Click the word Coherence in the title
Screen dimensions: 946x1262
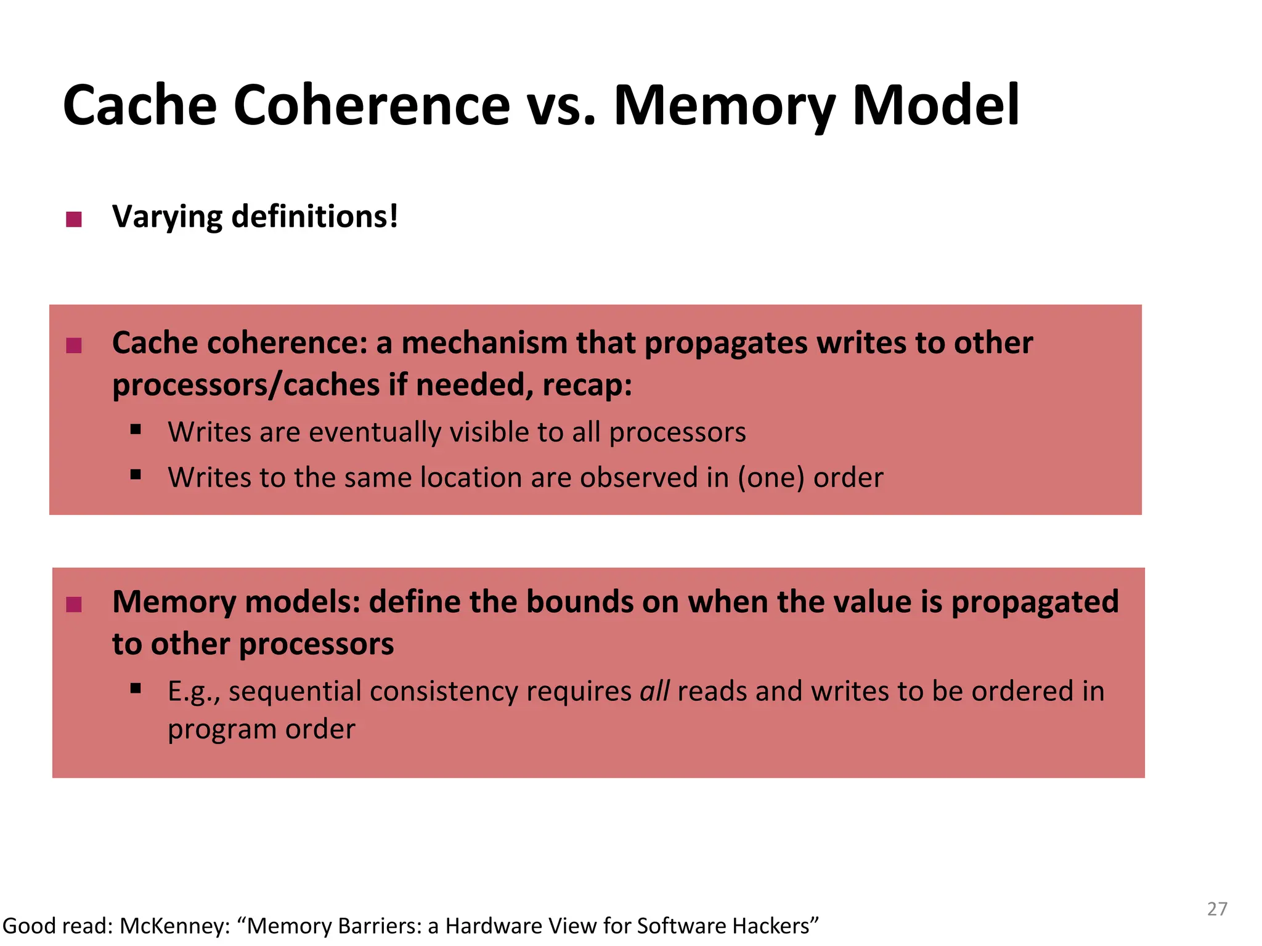pos(372,106)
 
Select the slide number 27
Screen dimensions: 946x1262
pos(1217,909)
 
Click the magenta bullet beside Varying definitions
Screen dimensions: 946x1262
pos(74,219)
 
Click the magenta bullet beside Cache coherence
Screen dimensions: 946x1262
pos(74,346)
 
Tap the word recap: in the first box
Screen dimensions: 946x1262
pos(587,386)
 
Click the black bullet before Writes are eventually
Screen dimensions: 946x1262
pos(136,429)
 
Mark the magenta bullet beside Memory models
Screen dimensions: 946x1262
pos(74,605)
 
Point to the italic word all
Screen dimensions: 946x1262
pos(654,691)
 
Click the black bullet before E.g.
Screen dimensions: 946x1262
pos(136,689)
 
